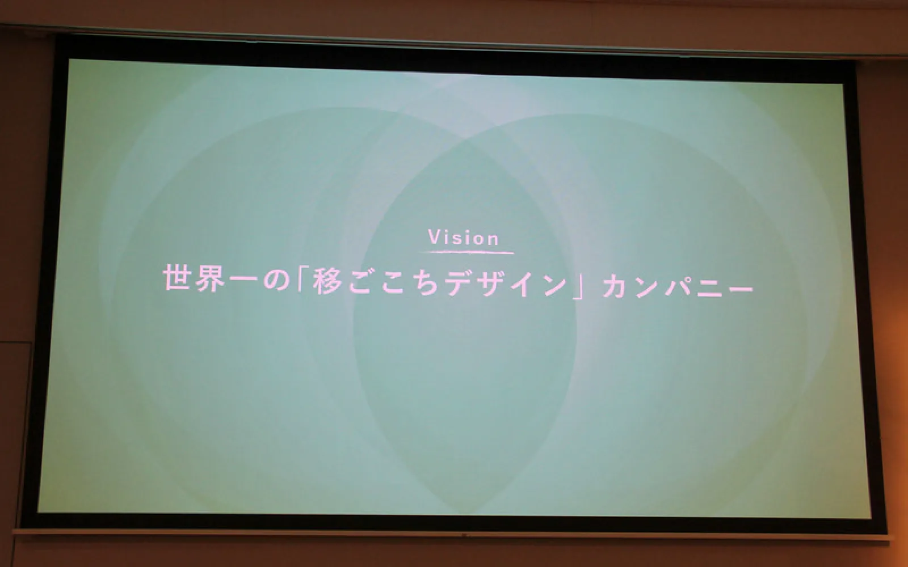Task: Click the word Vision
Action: tap(464, 238)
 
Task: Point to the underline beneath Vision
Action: tap(466, 252)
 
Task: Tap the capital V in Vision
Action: tap(435, 238)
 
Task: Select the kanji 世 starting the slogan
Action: tap(177, 278)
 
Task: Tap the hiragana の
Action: tap(276, 280)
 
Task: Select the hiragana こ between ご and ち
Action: tap(394, 282)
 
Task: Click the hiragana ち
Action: tap(425, 283)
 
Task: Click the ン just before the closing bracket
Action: tap(556, 284)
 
